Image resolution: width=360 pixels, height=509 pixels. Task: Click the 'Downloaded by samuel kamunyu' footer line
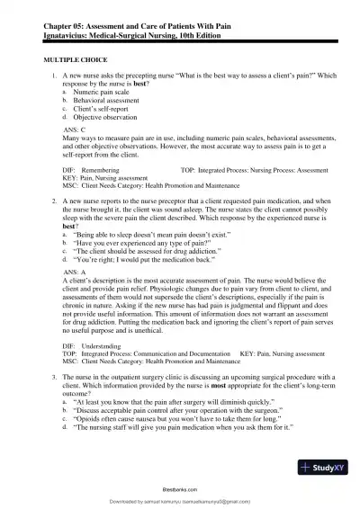coord(180,501)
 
